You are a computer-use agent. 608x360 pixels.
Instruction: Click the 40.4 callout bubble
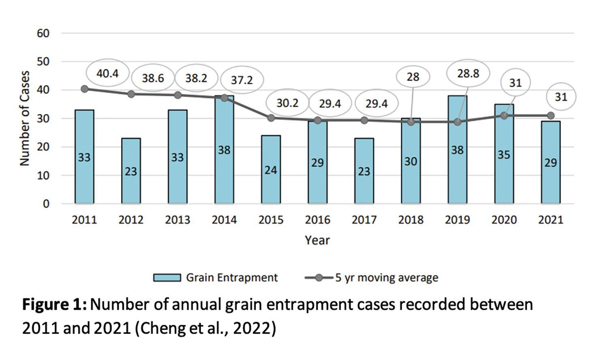(108, 73)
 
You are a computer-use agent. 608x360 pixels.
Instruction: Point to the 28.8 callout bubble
(468, 73)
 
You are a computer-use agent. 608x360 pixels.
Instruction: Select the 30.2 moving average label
(287, 103)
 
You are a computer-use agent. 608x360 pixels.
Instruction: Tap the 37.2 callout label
(242, 80)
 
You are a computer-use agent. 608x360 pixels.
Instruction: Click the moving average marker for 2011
(84, 89)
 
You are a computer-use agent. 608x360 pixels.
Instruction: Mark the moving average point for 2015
(271, 118)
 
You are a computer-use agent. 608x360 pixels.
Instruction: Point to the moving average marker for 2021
(550, 116)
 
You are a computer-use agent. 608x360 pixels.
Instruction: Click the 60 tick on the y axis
(43, 33)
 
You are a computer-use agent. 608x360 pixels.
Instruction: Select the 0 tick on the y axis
(46, 204)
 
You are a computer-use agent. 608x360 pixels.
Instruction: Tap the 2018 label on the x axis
(411, 220)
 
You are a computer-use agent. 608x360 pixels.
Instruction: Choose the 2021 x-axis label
(550, 220)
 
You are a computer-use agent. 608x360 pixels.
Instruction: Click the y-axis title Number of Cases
(25, 118)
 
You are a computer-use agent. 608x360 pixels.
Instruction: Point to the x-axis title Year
(317, 240)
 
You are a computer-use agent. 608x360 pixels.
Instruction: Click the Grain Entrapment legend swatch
(167, 278)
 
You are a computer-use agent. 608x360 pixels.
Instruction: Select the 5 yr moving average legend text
(386, 278)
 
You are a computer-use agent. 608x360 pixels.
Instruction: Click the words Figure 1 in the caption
(54, 304)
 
